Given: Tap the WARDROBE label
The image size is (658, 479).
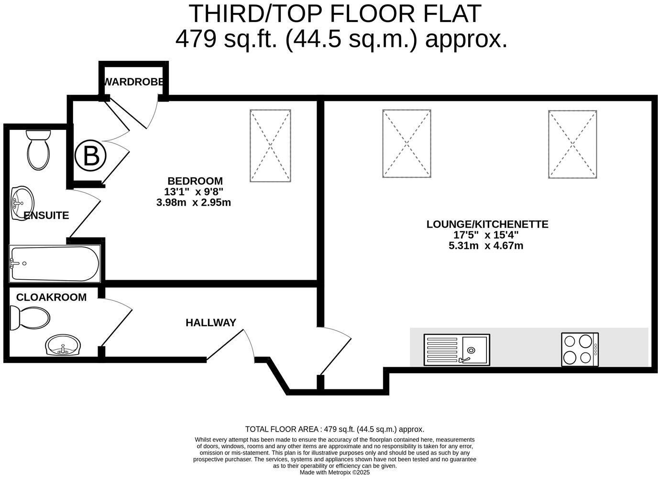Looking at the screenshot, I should coord(134,82).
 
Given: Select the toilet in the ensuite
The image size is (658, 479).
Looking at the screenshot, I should coord(38,150).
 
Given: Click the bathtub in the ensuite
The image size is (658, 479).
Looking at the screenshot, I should coord(55,263).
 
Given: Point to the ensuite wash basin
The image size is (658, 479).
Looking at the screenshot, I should coord(22,202).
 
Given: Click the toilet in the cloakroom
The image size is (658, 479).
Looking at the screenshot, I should coord(30,318).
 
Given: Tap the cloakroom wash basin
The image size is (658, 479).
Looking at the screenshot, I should coord(63,345).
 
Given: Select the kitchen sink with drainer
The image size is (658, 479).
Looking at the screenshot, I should coord(457,350).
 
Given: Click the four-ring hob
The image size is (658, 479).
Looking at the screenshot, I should coord(580,350).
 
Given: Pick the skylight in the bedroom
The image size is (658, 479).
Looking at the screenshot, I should coord(270,146).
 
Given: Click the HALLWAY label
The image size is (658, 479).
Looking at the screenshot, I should coord(211,323).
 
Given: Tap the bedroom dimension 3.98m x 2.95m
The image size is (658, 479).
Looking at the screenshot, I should coord(194,203).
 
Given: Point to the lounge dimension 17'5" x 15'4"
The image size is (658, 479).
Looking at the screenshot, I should coord(486,235).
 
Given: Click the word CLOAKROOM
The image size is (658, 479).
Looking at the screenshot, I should coord(51,297).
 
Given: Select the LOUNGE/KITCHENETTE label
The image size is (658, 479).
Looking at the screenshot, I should coord(487,224).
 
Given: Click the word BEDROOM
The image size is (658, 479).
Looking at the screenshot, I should coord(195,181).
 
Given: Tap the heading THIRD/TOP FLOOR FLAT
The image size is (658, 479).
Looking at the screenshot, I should coord(335,13).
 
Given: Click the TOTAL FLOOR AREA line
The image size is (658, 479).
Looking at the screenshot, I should coord(335,429).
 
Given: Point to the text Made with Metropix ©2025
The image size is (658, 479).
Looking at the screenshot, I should coord(335,472).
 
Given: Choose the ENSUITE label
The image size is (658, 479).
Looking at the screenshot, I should coord(46,216).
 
